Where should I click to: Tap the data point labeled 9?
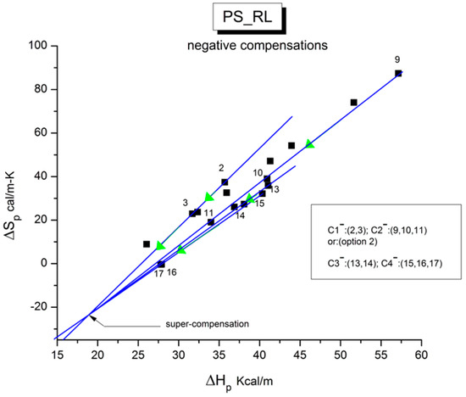[x=397, y=74]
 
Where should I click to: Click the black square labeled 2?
[x=225, y=182]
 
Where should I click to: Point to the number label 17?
[x=158, y=273]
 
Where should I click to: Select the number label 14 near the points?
[x=240, y=215]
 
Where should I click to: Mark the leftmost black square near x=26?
[x=147, y=244]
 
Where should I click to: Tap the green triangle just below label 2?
[x=208, y=197]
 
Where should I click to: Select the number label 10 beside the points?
[x=257, y=173]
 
